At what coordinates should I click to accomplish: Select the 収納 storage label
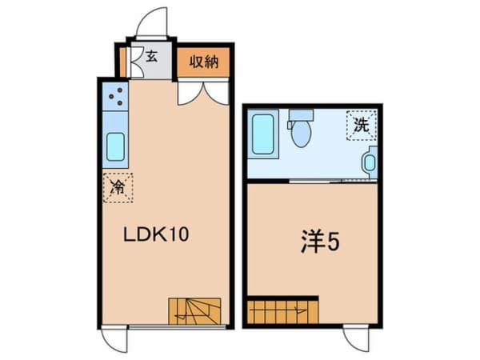pyautogui.click(x=205, y=62)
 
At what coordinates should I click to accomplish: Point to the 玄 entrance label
pyautogui.click(x=152, y=58)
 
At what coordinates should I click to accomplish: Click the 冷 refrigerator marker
pyautogui.click(x=118, y=189)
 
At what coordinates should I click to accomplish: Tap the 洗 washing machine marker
pyautogui.click(x=362, y=125)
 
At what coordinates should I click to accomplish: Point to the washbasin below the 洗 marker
pyautogui.click(x=369, y=162)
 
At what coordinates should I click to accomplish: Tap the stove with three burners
pyautogui.click(x=114, y=98)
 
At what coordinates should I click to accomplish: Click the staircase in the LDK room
pyautogui.click(x=194, y=311)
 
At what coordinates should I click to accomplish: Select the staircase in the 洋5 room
pyautogui.click(x=282, y=310)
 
